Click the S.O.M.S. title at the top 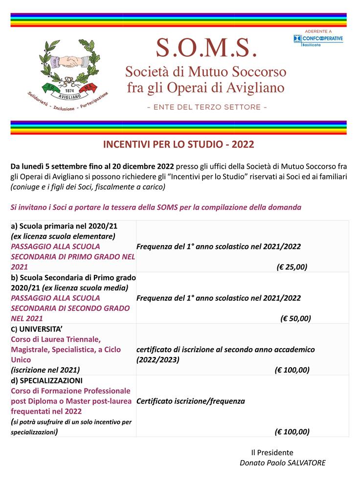[x=206, y=47]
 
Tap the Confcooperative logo [x=318, y=38]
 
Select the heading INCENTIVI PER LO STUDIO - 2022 [x=179, y=145]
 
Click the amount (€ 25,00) [x=292, y=267]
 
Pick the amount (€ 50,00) [x=295, y=318]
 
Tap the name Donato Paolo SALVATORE [x=282, y=463]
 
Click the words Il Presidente [x=272, y=452]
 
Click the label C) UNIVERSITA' [x=36, y=329]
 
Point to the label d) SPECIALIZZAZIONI [x=46, y=380]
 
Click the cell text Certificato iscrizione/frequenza [x=191, y=401]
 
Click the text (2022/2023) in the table [x=158, y=359]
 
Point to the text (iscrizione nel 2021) [x=45, y=370]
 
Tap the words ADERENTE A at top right [x=318, y=31]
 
